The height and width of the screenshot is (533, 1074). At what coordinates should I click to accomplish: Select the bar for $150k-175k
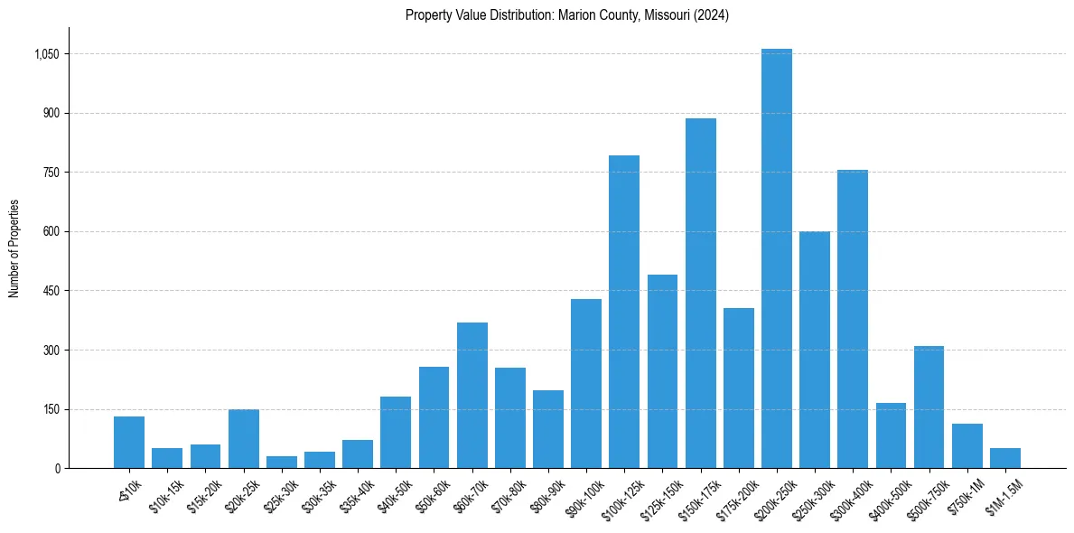tap(700, 294)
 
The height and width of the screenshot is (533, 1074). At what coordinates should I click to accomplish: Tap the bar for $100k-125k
tap(624, 312)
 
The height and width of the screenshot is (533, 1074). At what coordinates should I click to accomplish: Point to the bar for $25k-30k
tap(282, 463)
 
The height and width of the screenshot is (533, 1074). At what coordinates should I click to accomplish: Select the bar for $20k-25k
tap(244, 439)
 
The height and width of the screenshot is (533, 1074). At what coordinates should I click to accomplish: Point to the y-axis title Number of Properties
tap(14, 248)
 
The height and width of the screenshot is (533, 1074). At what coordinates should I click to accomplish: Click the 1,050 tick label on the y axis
tap(46, 54)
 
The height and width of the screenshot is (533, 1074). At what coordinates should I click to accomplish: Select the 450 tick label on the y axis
tap(51, 291)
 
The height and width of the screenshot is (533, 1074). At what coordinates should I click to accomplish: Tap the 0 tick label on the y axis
tap(57, 468)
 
